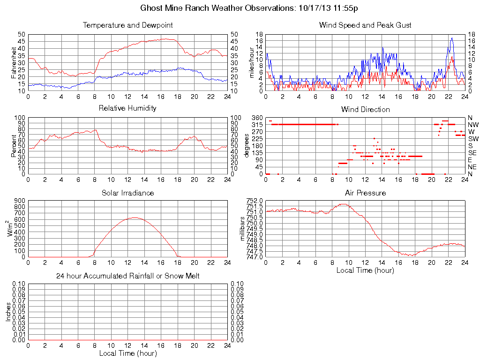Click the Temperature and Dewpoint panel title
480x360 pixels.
click(127, 25)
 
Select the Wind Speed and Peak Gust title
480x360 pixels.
click(365, 25)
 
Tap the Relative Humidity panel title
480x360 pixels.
click(127, 108)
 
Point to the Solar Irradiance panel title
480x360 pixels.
click(127, 193)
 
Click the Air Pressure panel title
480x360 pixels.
click(365, 193)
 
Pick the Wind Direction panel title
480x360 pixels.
click(365, 109)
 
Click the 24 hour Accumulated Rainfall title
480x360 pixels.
click(127, 276)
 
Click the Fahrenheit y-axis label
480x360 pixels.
click(15, 62)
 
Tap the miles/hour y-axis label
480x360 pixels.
click(252, 62)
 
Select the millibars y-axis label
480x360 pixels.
click(243, 228)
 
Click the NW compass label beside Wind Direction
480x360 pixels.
click(473, 125)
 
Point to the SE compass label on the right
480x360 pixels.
click(472, 153)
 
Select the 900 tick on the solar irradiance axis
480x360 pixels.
click(20, 201)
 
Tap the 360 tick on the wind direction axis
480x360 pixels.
click(257, 117)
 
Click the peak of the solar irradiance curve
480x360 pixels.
click(135, 217)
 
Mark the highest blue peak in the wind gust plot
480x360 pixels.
click(452, 38)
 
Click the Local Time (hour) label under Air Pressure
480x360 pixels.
click(365, 270)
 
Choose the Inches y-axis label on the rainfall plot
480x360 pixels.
click(8, 312)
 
